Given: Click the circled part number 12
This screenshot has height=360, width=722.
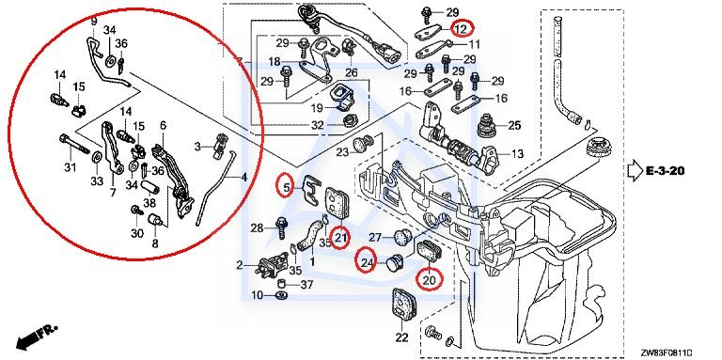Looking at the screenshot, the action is (462, 28).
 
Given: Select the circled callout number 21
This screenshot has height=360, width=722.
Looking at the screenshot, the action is (340, 238).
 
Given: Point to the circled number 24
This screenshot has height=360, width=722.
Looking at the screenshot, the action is (367, 263).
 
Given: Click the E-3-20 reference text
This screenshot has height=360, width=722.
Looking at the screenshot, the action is (665, 171).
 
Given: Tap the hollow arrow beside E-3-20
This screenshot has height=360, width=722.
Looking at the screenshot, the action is (635, 170).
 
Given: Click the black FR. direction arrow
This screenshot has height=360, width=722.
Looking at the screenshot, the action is (37, 337).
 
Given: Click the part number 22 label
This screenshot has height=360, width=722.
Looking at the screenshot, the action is (402, 337).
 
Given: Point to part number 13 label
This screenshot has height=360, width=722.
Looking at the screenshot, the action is (518, 154).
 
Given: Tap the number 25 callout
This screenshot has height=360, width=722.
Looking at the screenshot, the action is (514, 125).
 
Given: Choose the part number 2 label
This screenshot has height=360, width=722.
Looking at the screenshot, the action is (240, 265).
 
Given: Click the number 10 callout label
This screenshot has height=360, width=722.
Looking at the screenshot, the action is (258, 294).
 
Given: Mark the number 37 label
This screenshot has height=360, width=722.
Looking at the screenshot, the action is (306, 285).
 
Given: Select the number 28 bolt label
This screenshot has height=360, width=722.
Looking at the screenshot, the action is (258, 227).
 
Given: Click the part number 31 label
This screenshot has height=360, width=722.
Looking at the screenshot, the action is (70, 168).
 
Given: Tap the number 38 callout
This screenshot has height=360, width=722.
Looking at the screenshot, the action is (149, 202).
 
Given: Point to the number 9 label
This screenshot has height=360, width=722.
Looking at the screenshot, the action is (94, 21).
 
